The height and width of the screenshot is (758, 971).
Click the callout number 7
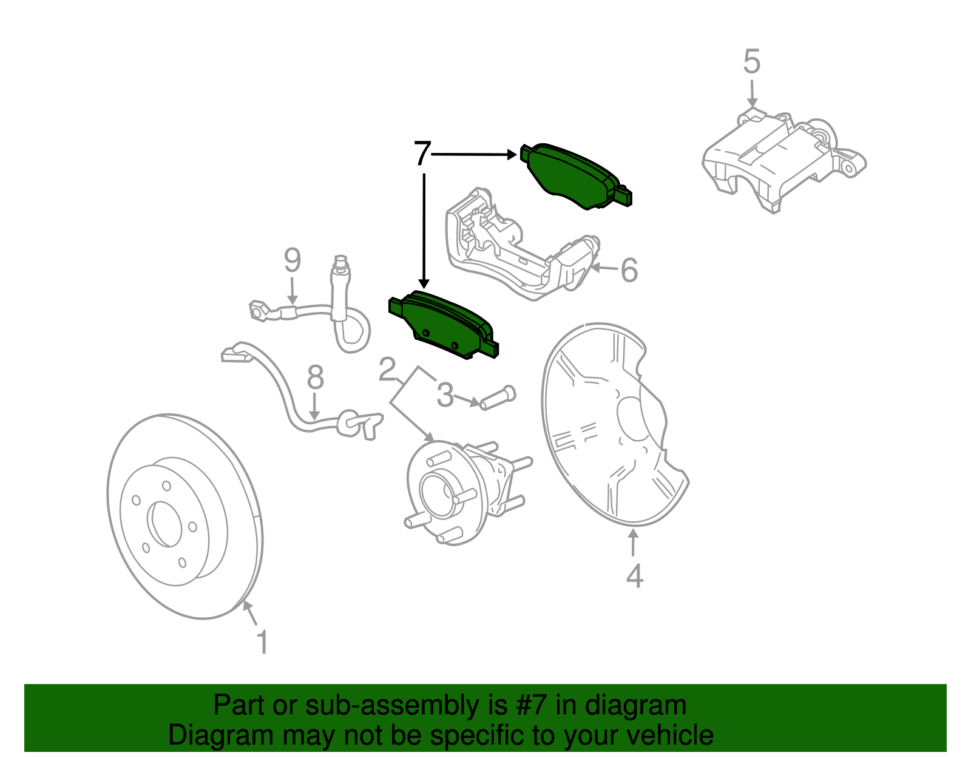pos(422,154)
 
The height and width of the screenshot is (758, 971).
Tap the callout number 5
pos(751,62)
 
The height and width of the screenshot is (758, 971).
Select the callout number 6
pos(629,270)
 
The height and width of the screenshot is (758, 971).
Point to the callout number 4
pos(634,576)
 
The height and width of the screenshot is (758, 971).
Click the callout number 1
pos(262,642)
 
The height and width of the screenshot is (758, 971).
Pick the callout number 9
pos(292,260)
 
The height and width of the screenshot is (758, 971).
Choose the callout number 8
pos(315,377)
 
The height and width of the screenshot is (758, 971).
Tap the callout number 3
pos(445,396)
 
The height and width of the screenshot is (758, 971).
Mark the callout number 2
pos(387,370)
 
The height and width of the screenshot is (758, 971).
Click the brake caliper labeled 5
pos(777,158)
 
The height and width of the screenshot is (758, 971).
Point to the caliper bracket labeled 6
pos(516,249)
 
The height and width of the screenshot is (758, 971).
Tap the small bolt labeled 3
pos(498,398)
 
